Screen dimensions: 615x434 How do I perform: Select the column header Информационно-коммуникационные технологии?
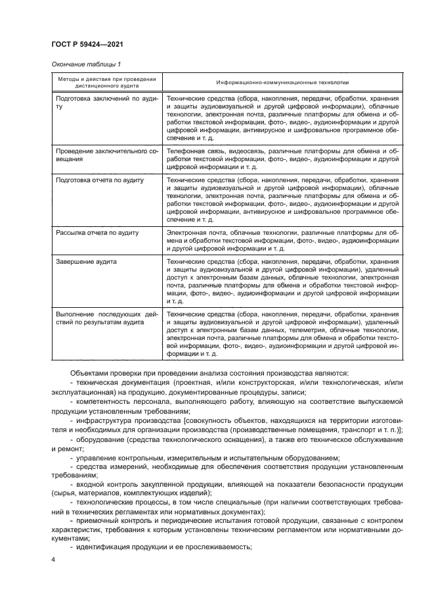coord(283,83)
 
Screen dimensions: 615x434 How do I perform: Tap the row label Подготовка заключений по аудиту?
coord(105,102)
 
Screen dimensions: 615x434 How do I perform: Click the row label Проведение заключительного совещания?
coord(105,155)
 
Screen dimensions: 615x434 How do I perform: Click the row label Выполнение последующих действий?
coord(105,319)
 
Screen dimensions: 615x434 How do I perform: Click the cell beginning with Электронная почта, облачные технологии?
coord(282,241)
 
